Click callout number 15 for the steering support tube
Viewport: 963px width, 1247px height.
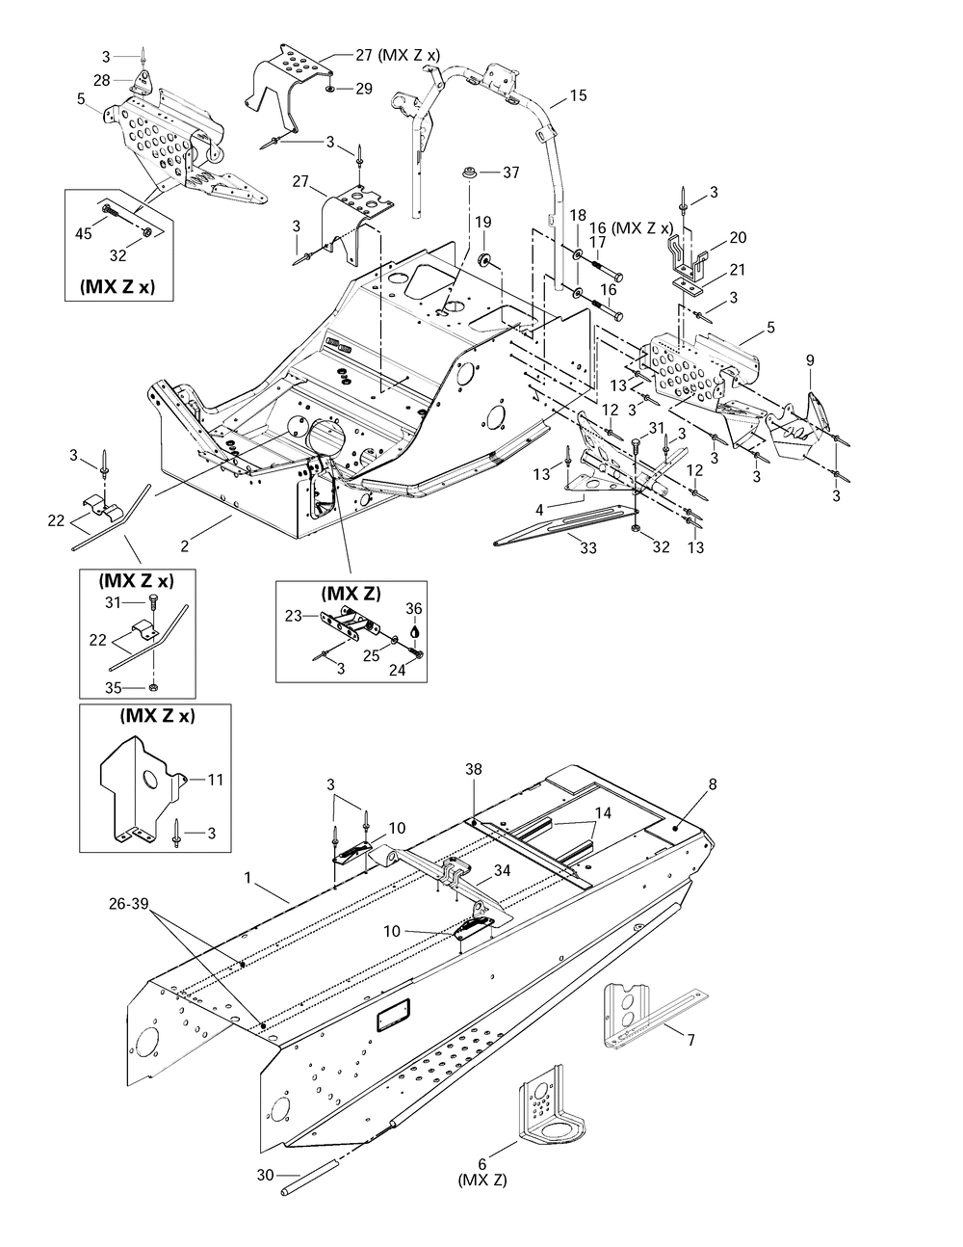click(578, 95)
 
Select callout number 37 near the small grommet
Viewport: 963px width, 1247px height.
click(510, 172)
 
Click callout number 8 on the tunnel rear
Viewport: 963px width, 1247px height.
click(713, 785)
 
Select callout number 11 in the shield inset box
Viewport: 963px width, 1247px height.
click(215, 780)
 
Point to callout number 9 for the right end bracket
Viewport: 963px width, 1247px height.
click(810, 360)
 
